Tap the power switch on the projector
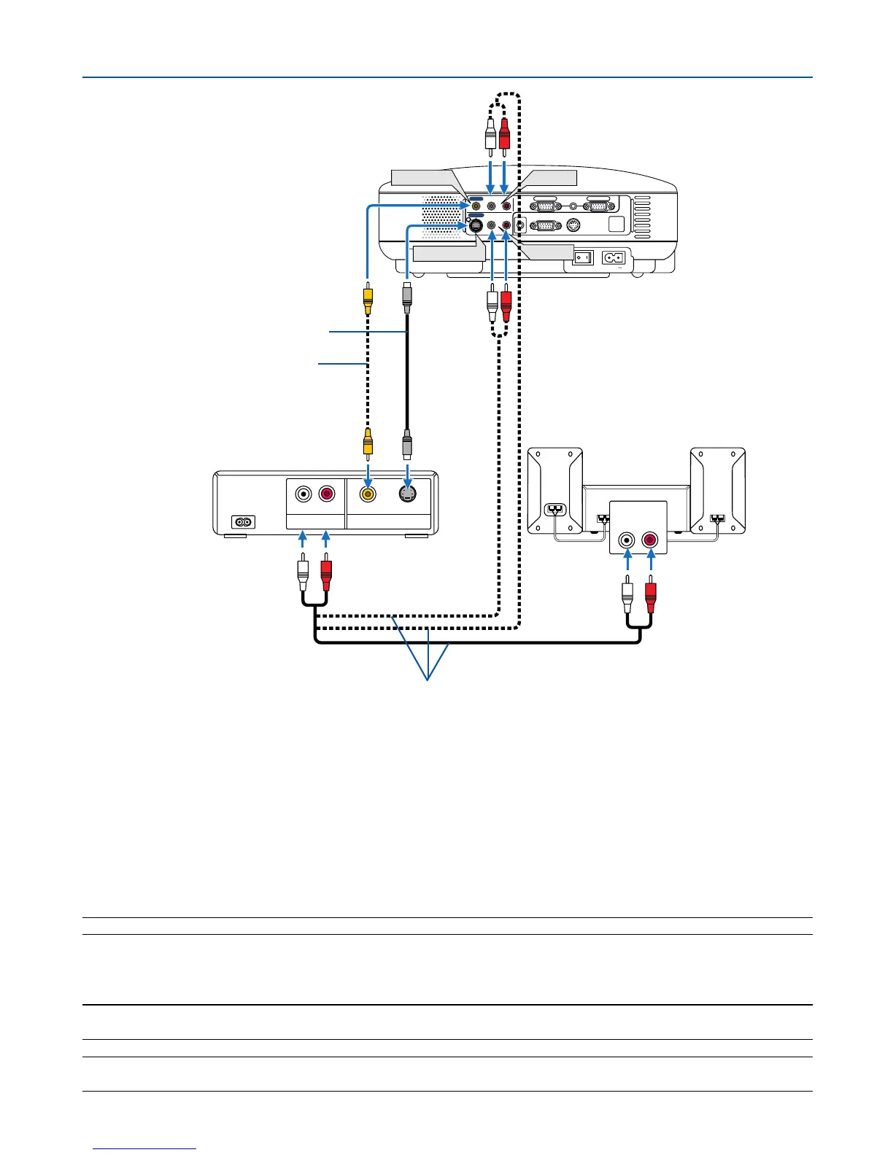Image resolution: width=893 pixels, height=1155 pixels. coord(581,258)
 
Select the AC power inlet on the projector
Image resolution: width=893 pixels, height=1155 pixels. coord(613,258)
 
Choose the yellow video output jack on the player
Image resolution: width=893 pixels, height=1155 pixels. coord(368,494)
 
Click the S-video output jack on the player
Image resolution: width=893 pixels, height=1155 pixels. coord(407,494)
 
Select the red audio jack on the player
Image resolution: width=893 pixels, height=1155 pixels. coord(326,494)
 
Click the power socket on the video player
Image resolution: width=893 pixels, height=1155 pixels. coord(243,522)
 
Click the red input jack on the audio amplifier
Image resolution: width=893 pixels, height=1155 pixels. coord(649,541)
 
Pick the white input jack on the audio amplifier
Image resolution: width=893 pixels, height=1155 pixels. coord(627,541)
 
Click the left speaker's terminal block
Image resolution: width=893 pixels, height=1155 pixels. coord(555,508)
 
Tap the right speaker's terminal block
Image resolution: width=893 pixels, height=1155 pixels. coord(718,519)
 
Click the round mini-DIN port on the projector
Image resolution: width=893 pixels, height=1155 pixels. coord(573,226)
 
